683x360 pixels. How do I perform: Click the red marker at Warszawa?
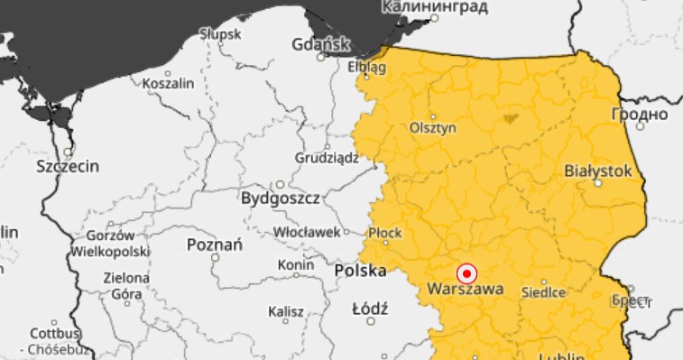coord(466,272)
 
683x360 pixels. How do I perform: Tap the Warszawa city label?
coord(466,291)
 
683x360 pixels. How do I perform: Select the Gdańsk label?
coord(320,44)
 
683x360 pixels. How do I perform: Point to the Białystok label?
coord(598,170)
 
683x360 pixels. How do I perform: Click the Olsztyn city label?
coord(432,128)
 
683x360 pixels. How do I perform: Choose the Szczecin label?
coord(68,166)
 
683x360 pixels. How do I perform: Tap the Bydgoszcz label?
coord(280,197)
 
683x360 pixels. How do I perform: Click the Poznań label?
coord(214,245)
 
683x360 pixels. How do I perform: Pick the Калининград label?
coord(435,8)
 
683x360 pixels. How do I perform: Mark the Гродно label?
coord(639,115)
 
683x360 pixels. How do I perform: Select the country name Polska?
coord(360,271)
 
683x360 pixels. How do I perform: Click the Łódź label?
coord(370,309)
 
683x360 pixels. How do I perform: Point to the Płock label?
coord(385,233)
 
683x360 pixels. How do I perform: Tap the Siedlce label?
coord(543,292)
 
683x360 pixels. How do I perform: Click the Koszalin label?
coord(168,83)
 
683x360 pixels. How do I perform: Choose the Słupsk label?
coord(221,34)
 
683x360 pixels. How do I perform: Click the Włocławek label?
coord(305,232)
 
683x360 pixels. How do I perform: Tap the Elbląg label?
coord(366,68)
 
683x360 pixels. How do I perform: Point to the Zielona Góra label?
coord(127,285)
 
